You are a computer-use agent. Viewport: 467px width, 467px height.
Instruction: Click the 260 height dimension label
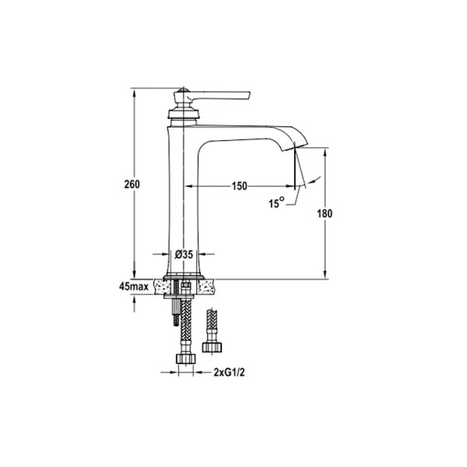click(132, 184)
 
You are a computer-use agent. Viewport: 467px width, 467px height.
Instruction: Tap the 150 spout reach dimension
click(240, 186)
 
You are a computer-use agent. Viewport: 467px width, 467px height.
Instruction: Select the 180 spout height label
click(325, 213)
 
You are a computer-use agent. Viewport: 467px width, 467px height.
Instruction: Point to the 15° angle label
click(276, 203)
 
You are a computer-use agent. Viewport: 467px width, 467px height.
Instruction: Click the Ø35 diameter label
click(184, 254)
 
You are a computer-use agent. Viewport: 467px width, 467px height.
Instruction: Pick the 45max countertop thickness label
click(134, 286)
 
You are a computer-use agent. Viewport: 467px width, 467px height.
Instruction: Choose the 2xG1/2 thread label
click(229, 372)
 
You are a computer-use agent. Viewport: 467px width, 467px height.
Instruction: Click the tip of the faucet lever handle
click(249, 95)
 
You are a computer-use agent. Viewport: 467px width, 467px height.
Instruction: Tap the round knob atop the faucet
click(183, 90)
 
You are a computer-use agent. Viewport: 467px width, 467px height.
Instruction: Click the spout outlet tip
click(295, 146)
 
